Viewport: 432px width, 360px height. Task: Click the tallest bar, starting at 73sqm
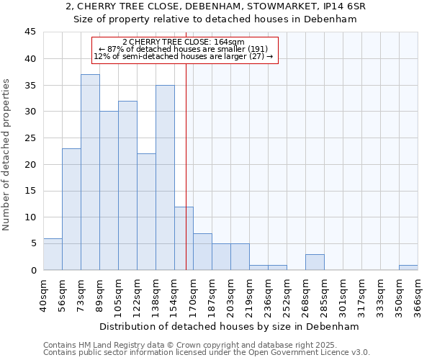[x=90, y=173]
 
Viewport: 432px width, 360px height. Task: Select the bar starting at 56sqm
[x=71, y=210]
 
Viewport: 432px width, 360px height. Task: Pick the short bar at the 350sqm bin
[x=408, y=267]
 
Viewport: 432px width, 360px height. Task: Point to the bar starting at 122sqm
[x=146, y=212]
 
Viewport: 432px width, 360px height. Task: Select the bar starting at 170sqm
[x=202, y=251]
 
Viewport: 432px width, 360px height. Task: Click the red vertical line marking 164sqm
[x=186, y=180]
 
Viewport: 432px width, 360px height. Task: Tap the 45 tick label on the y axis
[x=30, y=32]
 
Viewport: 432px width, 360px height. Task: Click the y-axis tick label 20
[x=30, y=164]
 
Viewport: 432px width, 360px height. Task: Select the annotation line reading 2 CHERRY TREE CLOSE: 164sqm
[x=184, y=42]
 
